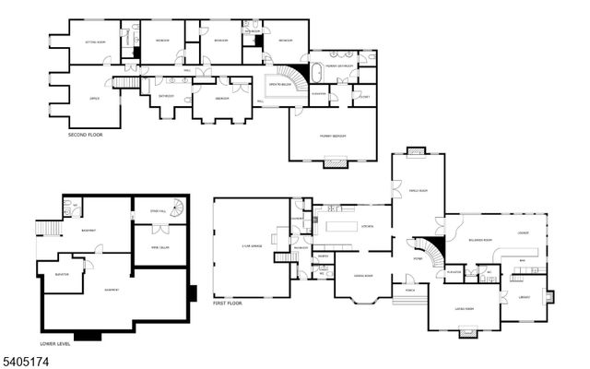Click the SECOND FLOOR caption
pos(86,137)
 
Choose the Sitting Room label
pos(96,42)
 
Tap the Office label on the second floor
pos(93,97)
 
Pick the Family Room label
pos(418,191)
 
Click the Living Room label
pos(464,308)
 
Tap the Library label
pos(524,297)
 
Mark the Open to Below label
pos(278,85)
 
